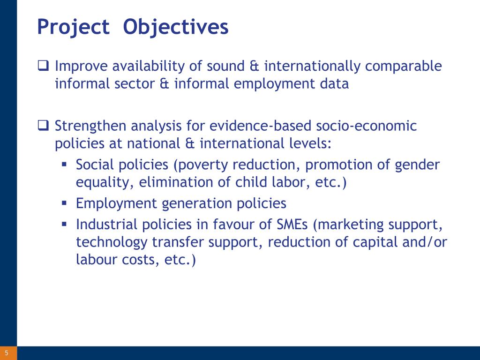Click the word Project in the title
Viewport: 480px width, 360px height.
73,27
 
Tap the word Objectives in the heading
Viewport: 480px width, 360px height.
176,27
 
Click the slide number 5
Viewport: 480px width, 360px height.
7,353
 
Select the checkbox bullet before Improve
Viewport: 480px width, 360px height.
43,66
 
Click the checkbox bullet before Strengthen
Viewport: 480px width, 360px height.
43,125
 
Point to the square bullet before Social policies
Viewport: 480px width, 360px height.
64,165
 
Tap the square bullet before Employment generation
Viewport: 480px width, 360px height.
64,202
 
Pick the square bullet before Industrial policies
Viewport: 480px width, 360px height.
64,224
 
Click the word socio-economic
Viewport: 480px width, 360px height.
366,126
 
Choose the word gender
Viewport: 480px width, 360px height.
417,165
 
